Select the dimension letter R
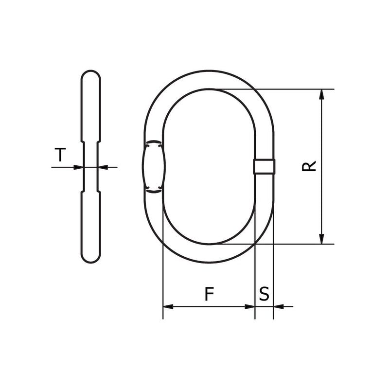(x=309, y=166)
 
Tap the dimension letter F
(x=209, y=294)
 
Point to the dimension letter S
(x=264, y=294)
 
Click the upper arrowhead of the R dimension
(x=321, y=94)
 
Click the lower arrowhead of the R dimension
(x=321, y=239)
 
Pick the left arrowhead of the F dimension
(x=168, y=307)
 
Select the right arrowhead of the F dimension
(x=249, y=307)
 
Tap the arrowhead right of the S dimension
(x=279, y=307)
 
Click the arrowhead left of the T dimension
(x=79, y=167)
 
